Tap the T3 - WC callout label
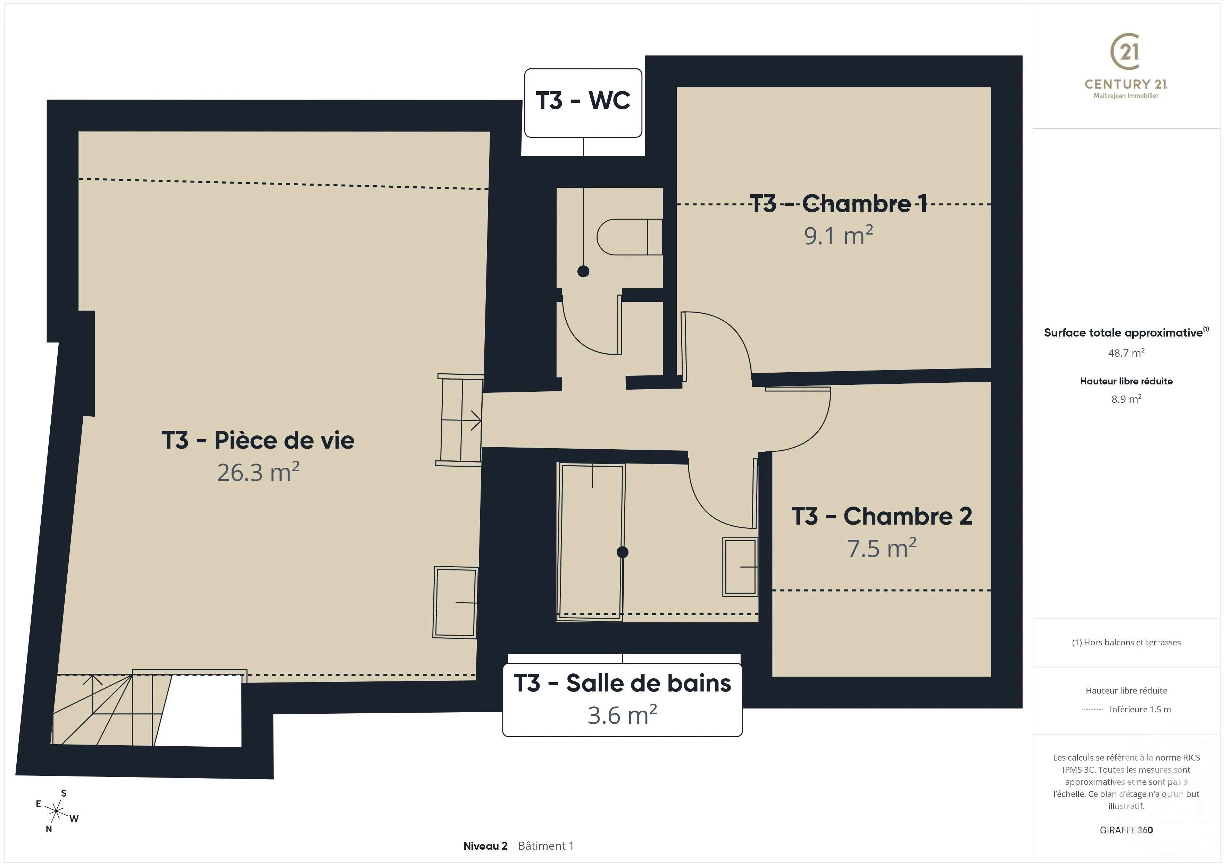click(x=583, y=101)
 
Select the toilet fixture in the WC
click(x=630, y=237)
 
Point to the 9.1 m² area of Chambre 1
click(x=838, y=236)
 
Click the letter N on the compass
click(x=49, y=829)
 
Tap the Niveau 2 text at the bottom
click(x=485, y=846)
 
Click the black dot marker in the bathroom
click(x=622, y=552)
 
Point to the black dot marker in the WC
click(x=583, y=271)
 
